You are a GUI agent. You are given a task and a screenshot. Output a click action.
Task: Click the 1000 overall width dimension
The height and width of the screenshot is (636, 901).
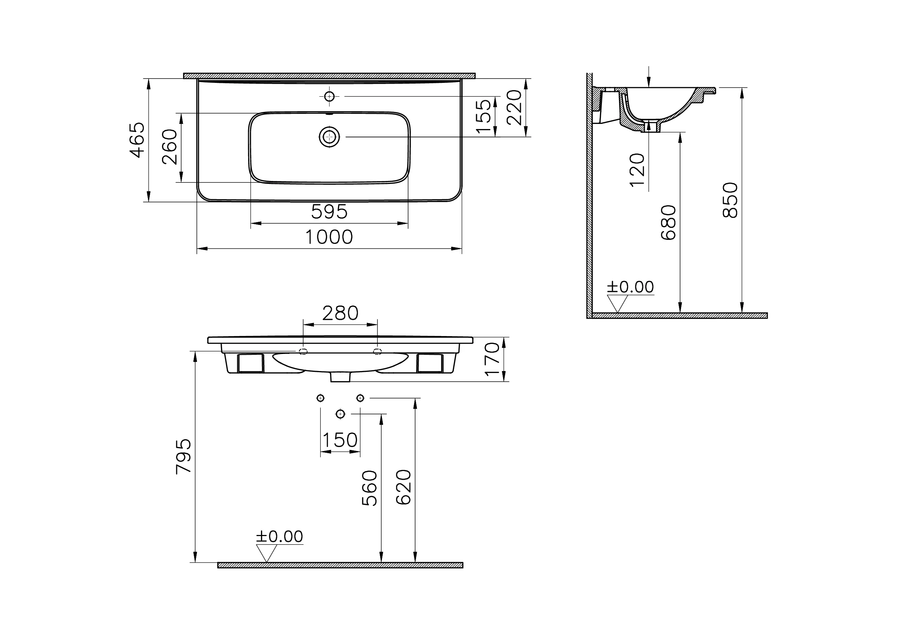pyautogui.click(x=329, y=237)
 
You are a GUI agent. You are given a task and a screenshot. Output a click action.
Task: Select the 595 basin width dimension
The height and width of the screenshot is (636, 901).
pyautogui.click(x=329, y=212)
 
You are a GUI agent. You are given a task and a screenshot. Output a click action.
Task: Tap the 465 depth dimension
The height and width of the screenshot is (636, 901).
pyautogui.click(x=138, y=140)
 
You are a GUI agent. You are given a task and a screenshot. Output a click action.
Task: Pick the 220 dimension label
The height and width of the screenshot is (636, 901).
pyautogui.click(x=514, y=108)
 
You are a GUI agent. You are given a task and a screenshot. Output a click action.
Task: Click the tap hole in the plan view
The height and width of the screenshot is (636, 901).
pyautogui.click(x=329, y=96)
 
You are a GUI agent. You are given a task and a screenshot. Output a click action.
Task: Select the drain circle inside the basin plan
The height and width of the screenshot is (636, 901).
pyautogui.click(x=329, y=137)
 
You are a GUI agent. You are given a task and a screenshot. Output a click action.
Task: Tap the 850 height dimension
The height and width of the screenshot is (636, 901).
pyautogui.click(x=730, y=200)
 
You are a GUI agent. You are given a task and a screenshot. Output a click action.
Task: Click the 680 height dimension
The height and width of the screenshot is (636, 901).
pyautogui.click(x=668, y=222)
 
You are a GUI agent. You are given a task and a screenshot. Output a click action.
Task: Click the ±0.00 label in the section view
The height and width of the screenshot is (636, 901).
pyautogui.click(x=630, y=287)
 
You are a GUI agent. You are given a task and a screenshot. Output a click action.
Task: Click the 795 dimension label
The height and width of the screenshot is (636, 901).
pyautogui.click(x=184, y=457)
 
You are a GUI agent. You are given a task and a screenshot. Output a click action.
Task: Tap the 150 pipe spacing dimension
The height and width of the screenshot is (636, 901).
pyautogui.click(x=340, y=440)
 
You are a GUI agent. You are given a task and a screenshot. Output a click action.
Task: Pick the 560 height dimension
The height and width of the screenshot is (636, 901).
pyautogui.click(x=369, y=488)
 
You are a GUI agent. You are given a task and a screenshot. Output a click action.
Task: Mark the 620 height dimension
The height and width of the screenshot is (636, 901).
pyautogui.click(x=403, y=487)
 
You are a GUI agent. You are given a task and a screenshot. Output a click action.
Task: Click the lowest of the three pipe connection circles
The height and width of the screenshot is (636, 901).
pyautogui.click(x=340, y=414)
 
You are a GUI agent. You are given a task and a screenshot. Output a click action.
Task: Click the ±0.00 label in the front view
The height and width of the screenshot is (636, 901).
pyautogui.click(x=279, y=537)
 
